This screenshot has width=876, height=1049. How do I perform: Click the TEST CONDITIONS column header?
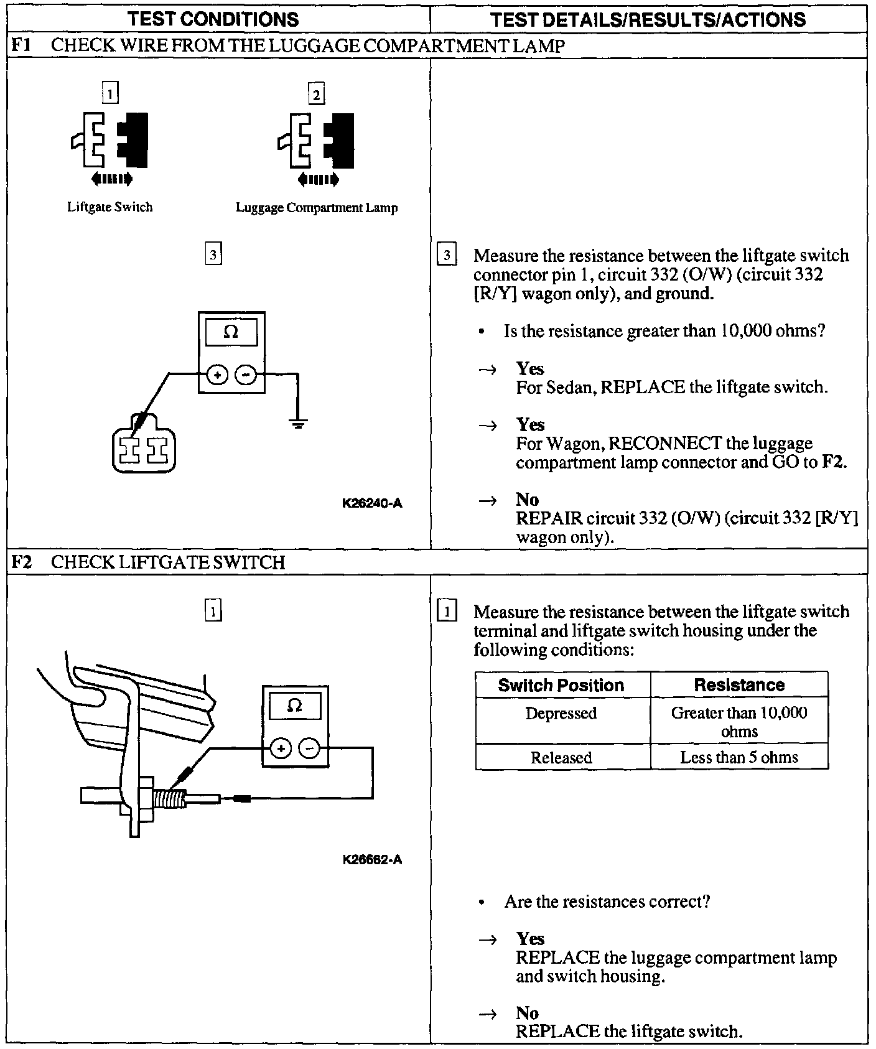(213, 19)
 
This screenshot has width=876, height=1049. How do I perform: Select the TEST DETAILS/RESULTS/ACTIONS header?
(648, 19)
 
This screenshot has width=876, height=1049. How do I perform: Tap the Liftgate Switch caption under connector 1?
(109, 207)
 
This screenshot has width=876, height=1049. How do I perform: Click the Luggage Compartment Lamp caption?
(316, 208)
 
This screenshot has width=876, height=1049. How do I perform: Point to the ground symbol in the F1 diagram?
(298, 424)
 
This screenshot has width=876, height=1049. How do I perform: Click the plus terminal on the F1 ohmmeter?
(217, 375)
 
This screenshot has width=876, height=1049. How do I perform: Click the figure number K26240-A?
(372, 503)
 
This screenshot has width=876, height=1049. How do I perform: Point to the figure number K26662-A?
(372, 860)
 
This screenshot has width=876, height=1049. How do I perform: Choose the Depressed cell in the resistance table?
(561, 713)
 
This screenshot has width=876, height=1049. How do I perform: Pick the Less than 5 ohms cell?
(739, 757)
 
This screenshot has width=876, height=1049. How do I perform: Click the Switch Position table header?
(561, 685)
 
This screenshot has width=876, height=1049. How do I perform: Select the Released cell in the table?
(561, 757)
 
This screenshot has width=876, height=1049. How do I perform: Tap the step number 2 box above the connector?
(317, 95)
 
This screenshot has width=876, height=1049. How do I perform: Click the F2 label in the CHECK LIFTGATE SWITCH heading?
(22, 562)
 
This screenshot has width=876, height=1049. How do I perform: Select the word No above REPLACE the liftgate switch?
(527, 1013)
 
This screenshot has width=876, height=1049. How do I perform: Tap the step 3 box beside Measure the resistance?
(447, 256)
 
